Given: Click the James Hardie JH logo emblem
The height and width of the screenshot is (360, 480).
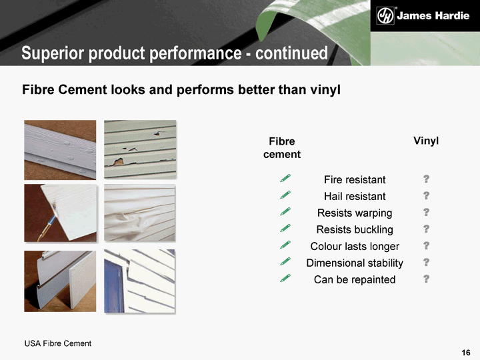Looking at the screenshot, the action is point(385,15).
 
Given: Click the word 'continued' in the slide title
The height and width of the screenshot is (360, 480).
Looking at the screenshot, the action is point(291,53).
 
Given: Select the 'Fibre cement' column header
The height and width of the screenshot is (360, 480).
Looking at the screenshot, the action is point(282,148).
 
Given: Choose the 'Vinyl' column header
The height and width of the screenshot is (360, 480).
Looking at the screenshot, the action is point(426,141).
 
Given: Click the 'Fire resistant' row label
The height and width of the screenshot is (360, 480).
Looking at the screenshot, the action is point(355,180).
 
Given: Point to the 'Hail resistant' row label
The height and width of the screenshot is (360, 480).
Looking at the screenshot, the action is point(355,196).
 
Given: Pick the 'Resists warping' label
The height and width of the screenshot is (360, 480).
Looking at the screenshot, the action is point(355,213).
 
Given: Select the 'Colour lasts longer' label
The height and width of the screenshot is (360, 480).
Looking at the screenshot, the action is point(355,247).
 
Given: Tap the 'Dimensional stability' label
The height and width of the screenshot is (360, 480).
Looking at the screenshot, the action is point(355,263).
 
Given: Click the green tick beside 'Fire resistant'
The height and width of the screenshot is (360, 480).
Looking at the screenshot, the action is point(285,178).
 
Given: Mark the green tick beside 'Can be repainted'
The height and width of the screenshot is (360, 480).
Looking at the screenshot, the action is point(285,278).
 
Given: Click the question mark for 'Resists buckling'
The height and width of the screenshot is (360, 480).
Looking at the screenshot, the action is point(426,229).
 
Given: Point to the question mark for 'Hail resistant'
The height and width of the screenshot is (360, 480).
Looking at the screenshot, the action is point(426,195).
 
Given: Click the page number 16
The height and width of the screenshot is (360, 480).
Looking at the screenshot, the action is point(466,353).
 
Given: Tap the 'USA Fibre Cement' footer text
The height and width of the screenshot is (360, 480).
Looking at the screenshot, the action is point(58,343).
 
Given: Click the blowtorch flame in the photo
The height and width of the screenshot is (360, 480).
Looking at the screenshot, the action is point(54,216).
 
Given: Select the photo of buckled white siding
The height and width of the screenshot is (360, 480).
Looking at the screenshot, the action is point(139,213).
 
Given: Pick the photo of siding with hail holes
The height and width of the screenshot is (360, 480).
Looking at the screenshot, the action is point(140,149).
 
